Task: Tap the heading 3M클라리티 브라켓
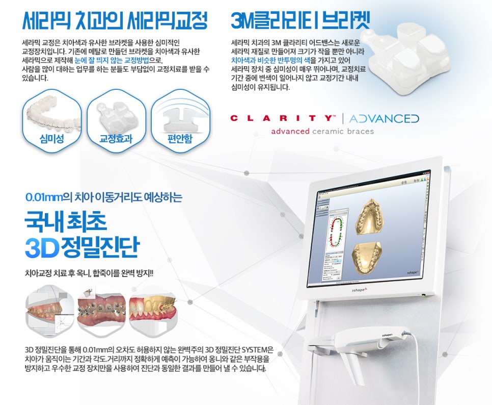300,20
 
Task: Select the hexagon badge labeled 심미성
52,120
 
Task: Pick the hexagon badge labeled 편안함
180,120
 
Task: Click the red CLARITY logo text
283,118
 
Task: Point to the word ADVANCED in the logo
385,118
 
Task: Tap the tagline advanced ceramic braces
322,131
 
